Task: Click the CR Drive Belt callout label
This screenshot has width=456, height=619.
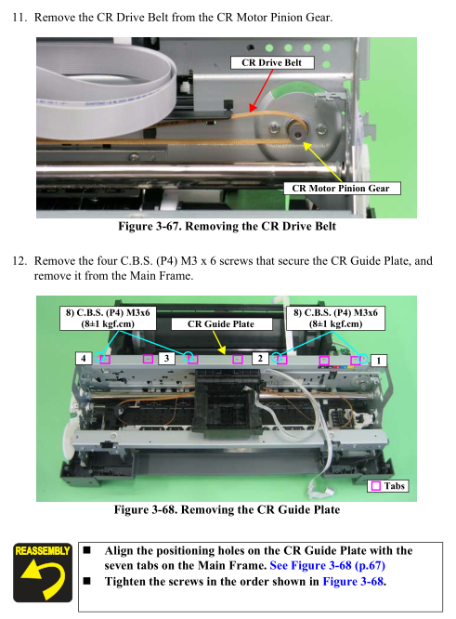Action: click(x=272, y=63)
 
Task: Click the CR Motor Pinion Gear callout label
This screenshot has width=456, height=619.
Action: click(x=342, y=189)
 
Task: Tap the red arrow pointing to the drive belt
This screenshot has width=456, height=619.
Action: click(x=262, y=90)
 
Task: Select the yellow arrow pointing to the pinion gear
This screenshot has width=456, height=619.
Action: click(x=322, y=163)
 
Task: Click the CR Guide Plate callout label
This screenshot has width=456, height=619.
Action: click(x=222, y=324)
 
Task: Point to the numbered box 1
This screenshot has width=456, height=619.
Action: click(x=378, y=361)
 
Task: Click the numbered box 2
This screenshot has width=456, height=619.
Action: click(x=260, y=359)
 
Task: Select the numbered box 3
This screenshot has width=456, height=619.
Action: click(x=166, y=359)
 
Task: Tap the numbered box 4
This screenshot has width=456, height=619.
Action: click(x=84, y=359)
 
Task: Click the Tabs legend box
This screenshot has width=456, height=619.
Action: click(x=388, y=486)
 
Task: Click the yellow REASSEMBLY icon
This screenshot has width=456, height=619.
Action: click(x=43, y=573)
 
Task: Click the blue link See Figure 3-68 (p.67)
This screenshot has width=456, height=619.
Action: click(x=328, y=566)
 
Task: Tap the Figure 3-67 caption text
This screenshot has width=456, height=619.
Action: click(x=227, y=227)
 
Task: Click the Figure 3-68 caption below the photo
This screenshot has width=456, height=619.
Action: click(x=227, y=509)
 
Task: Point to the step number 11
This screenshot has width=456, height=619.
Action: click(x=20, y=18)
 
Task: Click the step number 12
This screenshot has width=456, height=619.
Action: click(x=20, y=261)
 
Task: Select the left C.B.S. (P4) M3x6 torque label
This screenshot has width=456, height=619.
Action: click(x=108, y=318)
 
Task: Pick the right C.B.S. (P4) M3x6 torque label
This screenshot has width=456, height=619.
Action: click(x=335, y=318)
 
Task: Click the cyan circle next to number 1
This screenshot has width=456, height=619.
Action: click(x=363, y=359)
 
